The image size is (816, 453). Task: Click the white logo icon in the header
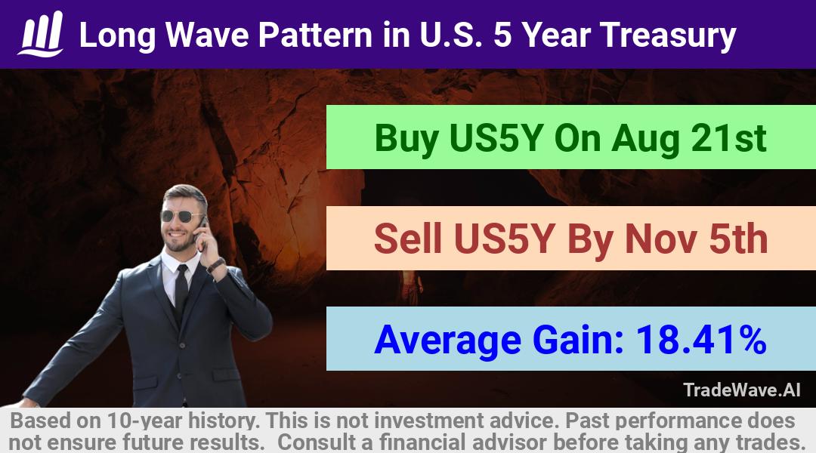(41, 34)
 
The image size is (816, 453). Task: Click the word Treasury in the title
(668, 35)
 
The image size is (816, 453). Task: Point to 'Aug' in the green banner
(645, 139)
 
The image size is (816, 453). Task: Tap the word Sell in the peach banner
(408, 239)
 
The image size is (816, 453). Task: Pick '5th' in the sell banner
(739, 239)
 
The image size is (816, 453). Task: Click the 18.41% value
(701, 340)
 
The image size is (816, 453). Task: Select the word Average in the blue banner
(447, 341)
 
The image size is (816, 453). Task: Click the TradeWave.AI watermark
(742, 390)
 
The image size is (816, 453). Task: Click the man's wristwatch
(215, 265)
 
